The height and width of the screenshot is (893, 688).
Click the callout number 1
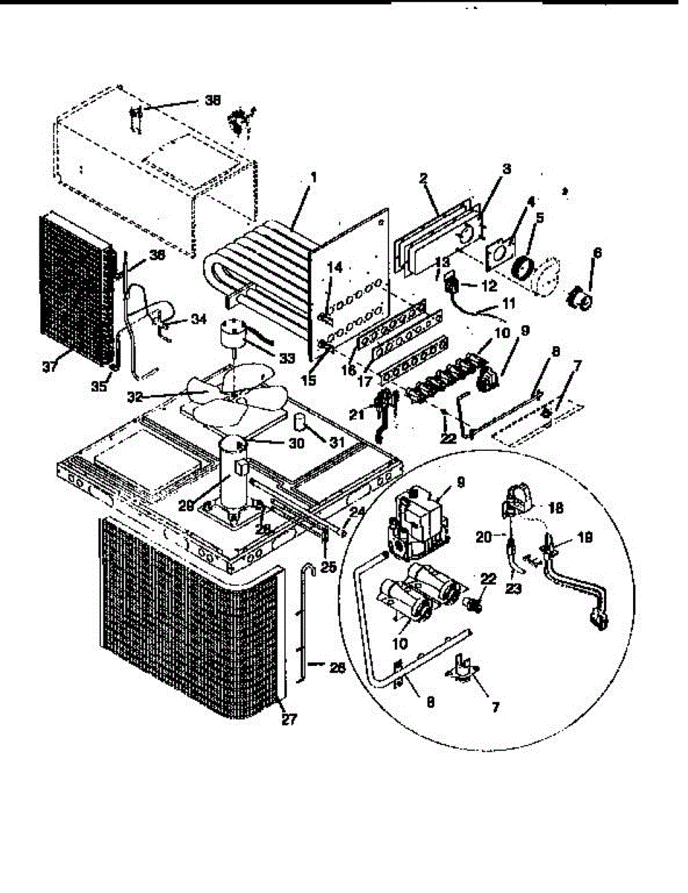point(314,177)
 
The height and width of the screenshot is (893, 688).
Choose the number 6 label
point(597,253)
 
